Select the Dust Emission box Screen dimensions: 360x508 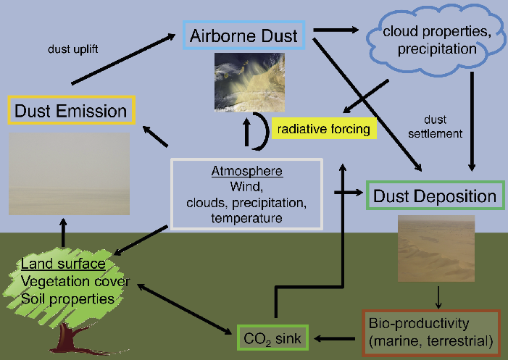pyautogui.click(x=71, y=111)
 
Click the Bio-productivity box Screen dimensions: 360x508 pyautogui.click(x=430, y=331)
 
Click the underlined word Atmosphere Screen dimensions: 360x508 pyautogui.click(x=246, y=172)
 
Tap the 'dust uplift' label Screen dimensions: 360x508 pyautogui.click(x=69, y=50)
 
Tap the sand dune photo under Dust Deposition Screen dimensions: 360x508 pyautogui.click(x=436, y=248)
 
